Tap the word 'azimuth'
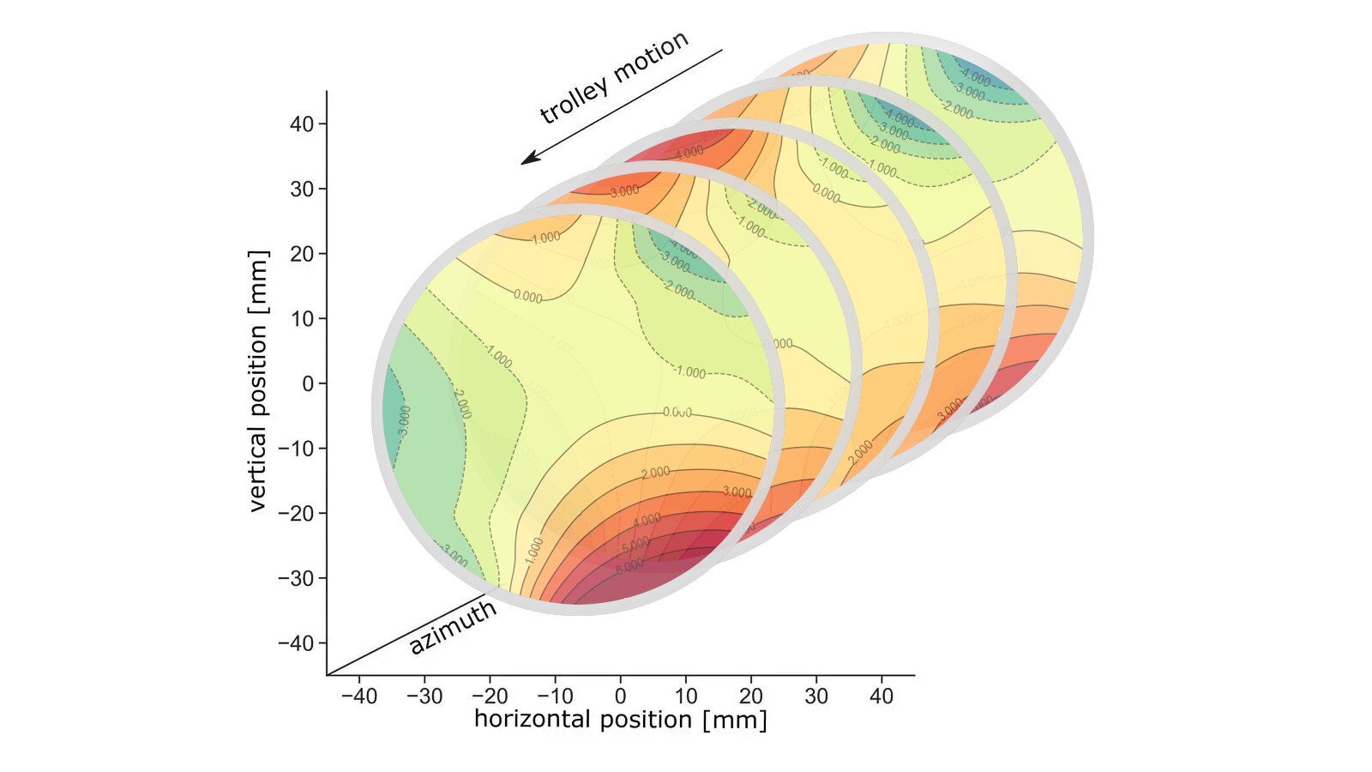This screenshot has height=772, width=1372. click(453, 627)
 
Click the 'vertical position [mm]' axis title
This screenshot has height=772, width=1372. click(258, 382)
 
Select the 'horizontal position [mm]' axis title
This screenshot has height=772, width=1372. click(620, 719)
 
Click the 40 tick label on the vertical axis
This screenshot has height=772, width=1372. click(302, 124)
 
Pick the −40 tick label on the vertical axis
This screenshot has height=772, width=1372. click(295, 642)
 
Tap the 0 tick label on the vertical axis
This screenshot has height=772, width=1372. click(309, 383)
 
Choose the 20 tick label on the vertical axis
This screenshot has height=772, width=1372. click(302, 254)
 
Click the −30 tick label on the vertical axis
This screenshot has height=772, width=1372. click(295, 578)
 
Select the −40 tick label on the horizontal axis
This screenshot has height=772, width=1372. click(358, 696)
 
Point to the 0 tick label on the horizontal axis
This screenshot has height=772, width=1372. click(620, 696)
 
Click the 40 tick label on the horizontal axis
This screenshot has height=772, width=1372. click(882, 696)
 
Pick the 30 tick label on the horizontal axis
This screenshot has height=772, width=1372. click(816, 696)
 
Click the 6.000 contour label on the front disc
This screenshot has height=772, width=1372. click(629, 566)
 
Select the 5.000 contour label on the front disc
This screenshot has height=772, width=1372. click(635, 545)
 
